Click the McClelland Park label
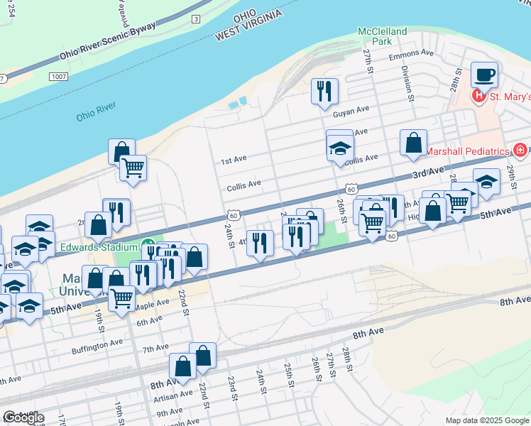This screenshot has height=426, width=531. click(x=383, y=36)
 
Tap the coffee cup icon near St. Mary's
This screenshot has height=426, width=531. click(x=484, y=75)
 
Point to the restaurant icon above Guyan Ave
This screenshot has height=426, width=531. click(x=324, y=91)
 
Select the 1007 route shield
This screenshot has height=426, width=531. click(x=58, y=75)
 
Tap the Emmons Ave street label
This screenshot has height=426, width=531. click(x=412, y=53)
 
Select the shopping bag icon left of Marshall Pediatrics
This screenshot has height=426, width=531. click(x=413, y=143)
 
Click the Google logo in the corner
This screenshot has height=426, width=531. click(x=23, y=417)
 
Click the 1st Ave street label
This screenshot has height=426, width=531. click(x=233, y=161)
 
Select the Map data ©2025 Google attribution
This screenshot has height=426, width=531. click(x=486, y=420)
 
